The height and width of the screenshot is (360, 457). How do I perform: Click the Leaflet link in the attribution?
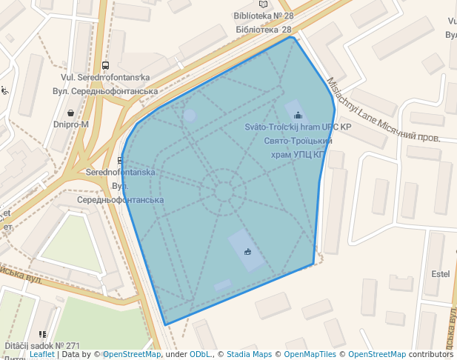point(41,354)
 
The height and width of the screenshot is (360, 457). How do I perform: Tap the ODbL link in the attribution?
point(201,354)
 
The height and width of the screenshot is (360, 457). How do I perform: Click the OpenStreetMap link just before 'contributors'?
point(377,354)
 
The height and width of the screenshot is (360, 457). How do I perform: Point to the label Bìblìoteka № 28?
point(263,16)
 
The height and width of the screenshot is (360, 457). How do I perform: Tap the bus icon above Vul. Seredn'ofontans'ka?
point(105,65)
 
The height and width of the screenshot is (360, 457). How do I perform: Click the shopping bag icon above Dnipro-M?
point(70,113)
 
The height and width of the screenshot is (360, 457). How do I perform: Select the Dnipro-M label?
point(71,124)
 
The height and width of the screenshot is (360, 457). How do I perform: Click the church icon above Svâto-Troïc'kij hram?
point(298,115)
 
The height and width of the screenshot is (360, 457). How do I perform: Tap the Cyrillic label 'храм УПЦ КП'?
point(295,154)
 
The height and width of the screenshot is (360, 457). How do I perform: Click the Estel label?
point(441,273)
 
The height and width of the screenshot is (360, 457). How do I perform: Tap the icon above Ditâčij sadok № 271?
point(42,335)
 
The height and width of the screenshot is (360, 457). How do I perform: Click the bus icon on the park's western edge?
point(121,159)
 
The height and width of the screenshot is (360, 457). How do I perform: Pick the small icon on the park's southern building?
point(247,251)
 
